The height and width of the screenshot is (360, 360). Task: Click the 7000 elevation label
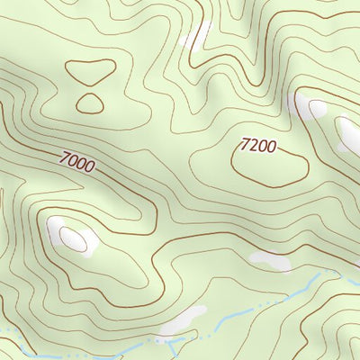[76, 162]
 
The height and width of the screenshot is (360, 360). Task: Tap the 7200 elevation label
[258, 144]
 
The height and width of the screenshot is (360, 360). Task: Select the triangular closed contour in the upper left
[89, 71]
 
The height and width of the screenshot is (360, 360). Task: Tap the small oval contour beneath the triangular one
[90, 103]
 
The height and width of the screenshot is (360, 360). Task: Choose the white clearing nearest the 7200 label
[314, 109]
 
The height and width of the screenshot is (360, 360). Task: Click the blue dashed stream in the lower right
[297, 290]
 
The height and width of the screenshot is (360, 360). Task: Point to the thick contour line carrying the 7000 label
[117, 180]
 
